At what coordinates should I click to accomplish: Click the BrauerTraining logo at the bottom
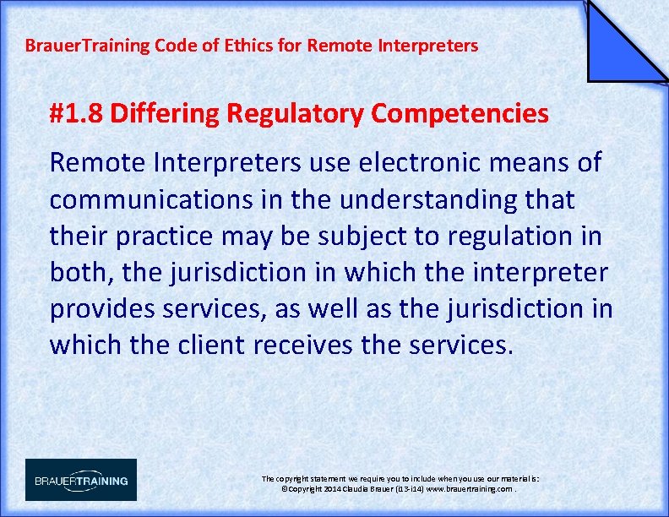(81, 480)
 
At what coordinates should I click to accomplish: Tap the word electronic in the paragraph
(396, 162)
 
